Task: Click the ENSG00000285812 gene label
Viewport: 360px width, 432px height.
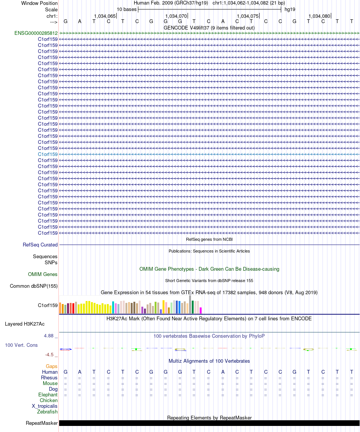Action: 36,33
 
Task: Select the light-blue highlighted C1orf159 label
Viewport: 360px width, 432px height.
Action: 48,154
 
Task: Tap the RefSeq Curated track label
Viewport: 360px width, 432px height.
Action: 40,245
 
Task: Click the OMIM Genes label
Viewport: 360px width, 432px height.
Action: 43,274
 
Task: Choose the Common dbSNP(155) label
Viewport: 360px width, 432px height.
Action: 34,286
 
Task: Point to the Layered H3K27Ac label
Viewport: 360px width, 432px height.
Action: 25,324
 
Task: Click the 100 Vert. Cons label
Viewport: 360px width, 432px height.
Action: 21,345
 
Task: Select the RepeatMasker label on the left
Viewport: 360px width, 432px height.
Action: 42,423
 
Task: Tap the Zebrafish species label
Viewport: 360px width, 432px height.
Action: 47,412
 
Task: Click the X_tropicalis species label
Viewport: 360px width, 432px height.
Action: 45,406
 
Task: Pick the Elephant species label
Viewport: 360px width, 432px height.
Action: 48,395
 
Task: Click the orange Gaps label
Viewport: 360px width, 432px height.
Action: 52,366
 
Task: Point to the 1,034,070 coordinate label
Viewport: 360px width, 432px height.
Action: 176,16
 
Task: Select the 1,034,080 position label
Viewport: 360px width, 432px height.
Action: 319,16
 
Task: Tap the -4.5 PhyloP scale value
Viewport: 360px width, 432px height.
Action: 51,355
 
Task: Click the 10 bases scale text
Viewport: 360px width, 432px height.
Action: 127,9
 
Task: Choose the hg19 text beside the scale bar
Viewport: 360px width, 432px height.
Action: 290,9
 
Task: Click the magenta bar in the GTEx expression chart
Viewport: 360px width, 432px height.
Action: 201,310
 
